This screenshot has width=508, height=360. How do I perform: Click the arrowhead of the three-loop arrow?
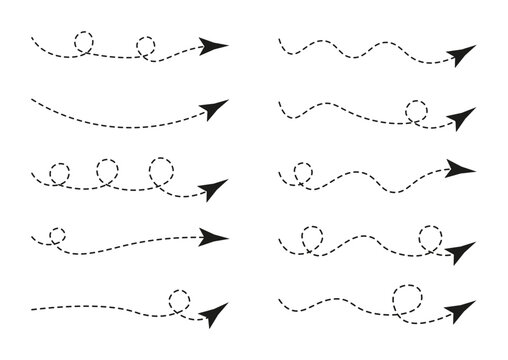tap(214, 190)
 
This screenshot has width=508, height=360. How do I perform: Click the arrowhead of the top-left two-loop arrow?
tap(214, 45)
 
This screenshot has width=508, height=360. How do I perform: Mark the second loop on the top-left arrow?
tap(146, 46)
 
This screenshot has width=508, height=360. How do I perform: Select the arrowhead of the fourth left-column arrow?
tap(214, 238)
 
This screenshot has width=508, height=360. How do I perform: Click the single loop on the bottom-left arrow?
tap(180, 299)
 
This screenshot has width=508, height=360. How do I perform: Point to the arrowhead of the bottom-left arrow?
tap(213, 315)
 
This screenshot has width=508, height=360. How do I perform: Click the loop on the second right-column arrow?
tap(417, 112)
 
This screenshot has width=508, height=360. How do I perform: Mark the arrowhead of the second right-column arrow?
tap(461, 119)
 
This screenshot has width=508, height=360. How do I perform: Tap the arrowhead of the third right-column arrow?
tap(461, 168)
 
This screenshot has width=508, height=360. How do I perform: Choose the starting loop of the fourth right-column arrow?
tap(310, 239)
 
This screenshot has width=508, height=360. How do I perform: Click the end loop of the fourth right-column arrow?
tap(430, 237)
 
